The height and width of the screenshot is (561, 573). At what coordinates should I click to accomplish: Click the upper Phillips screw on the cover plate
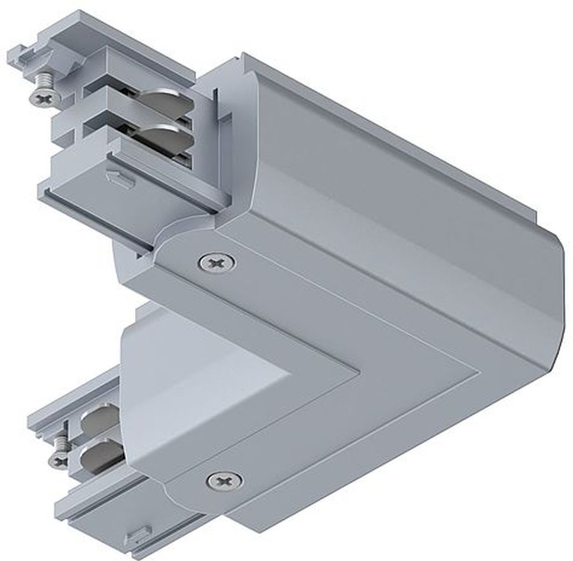[215, 261]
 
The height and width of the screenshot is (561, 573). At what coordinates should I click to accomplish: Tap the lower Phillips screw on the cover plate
[224, 480]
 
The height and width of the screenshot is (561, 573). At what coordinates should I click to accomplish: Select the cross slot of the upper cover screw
[215, 261]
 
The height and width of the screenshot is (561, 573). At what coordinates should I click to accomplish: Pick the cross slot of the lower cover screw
[224, 480]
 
